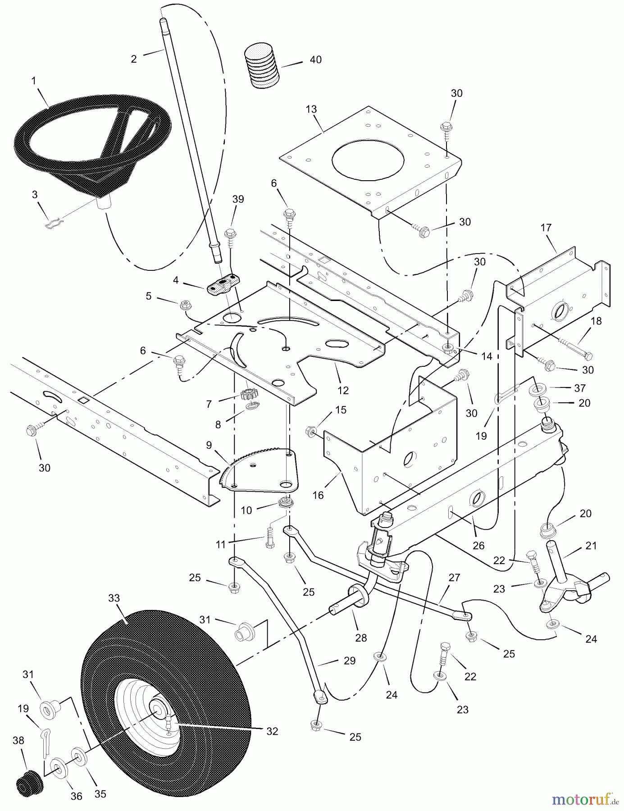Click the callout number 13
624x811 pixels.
click(x=311, y=109)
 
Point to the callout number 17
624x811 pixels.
click(x=546, y=228)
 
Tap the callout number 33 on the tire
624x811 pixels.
click(x=114, y=598)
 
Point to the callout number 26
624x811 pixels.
click(x=478, y=546)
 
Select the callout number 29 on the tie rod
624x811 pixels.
click(x=349, y=661)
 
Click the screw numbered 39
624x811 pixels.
click(x=230, y=234)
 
